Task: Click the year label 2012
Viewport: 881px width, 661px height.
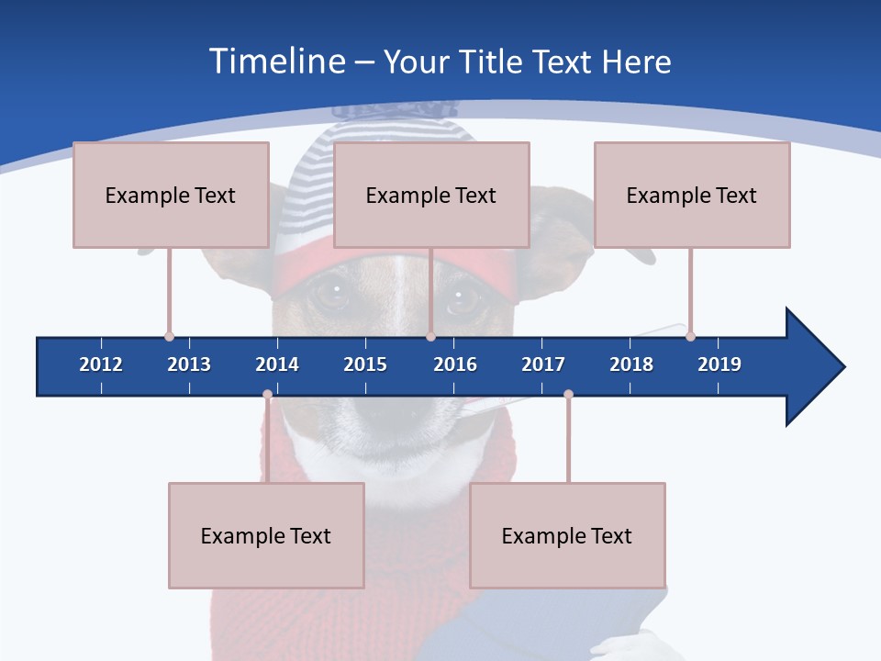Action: tap(101, 364)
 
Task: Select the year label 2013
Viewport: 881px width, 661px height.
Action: tap(189, 364)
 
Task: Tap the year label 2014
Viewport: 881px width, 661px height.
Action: tap(277, 364)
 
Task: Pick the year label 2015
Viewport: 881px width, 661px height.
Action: tap(365, 364)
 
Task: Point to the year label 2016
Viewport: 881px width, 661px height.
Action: tap(455, 364)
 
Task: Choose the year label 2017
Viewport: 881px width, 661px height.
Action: tap(543, 364)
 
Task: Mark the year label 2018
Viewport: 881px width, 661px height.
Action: tap(631, 364)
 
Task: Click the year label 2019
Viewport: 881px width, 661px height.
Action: tap(719, 364)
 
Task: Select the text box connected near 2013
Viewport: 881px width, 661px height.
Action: tap(171, 195)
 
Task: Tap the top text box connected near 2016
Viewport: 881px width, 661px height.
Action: tap(431, 195)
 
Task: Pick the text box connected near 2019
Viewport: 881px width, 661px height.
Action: tap(692, 195)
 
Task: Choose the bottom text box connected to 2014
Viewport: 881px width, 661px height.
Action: tap(266, 535)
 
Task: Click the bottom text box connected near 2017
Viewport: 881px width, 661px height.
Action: tap(567, 535)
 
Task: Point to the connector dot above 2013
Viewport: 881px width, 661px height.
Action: tap(169, 336)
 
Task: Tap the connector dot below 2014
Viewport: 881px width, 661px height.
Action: tap(267, 395)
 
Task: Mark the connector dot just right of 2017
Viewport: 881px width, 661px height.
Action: tap(568, 395)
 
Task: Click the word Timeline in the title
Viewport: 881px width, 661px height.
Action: tap(277, 62)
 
